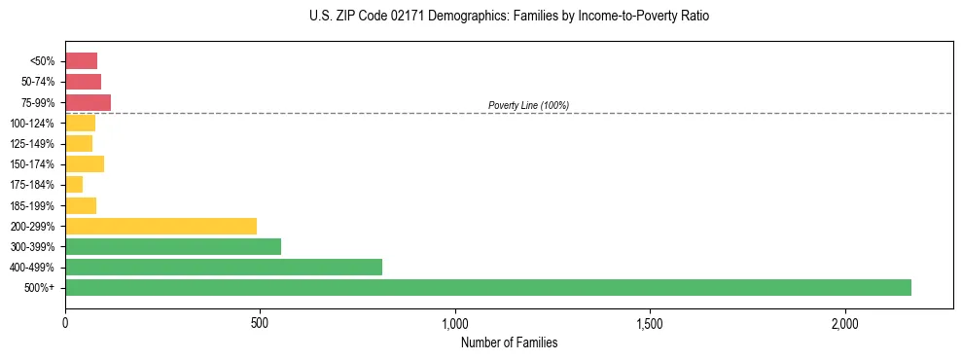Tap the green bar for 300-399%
173,246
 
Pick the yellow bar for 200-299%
160,226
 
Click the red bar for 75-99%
88,102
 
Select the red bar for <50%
81,61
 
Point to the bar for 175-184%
74,185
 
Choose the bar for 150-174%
85,163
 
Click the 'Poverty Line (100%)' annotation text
528,105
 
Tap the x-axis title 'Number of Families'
509,343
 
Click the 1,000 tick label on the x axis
455,323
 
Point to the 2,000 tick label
845,323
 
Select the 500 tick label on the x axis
260,323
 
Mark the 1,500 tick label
650,323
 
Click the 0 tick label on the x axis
65,323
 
